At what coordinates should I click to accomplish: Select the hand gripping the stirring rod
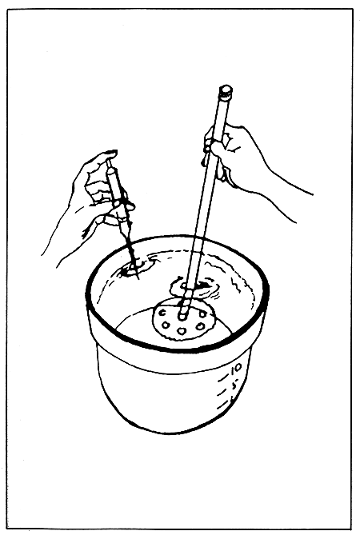point(232,156)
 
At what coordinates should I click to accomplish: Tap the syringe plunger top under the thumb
point(110,162)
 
